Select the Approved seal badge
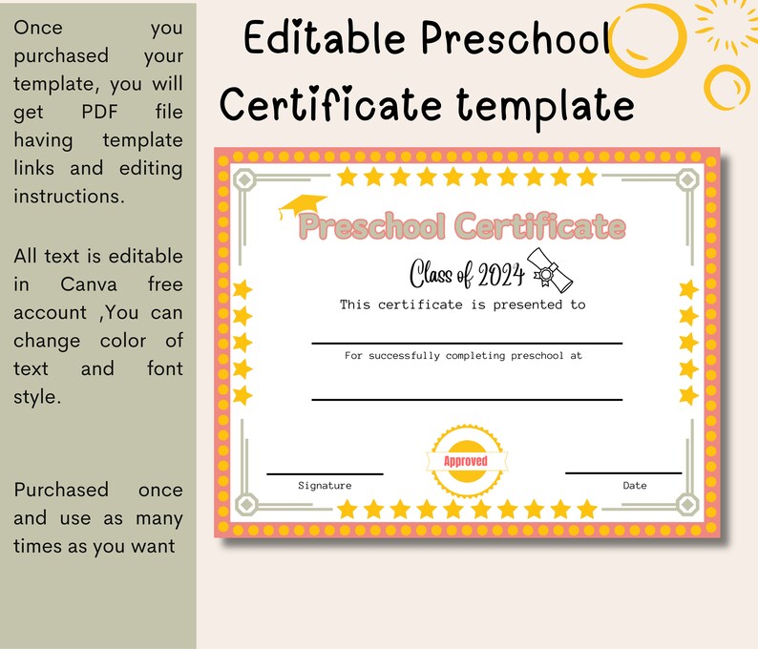tap(466, 461)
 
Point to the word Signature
tap(325, 486)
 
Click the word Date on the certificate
tap(635, 486)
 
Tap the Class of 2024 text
tap(468, 275)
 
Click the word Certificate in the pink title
tap(540, 227)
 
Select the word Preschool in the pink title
tap(372, 227)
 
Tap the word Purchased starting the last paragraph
tap(61, 490)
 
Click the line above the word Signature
tap(325, 473)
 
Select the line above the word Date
tap(623, 472)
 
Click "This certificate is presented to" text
tap(463, 304)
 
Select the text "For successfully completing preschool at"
tap(463, 355)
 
